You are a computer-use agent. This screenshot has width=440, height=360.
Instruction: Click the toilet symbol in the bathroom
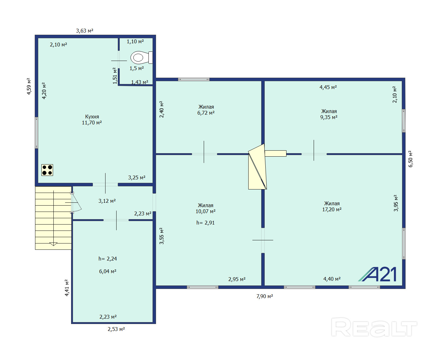click(142, 57)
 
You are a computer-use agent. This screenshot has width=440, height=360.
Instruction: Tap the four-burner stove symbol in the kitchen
click(47, 170)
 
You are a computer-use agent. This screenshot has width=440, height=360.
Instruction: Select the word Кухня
click(92, 117)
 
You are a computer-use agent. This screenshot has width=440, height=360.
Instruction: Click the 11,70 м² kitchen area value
click(92, 123)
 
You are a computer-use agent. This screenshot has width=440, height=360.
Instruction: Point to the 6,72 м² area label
click(206, 113)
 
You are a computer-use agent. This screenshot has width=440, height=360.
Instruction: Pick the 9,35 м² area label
click(329, 117)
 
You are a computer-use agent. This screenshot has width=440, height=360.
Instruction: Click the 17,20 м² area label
click(332, 209)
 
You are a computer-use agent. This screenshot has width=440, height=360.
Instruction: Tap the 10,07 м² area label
click(206, 211)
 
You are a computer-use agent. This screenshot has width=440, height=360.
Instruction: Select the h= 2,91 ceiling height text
click(206, 223)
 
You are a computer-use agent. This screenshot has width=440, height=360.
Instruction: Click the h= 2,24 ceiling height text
click(108, 259)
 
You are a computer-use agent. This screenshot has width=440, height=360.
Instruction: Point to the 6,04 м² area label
click(108, 271)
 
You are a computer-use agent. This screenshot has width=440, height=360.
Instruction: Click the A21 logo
click(377, 274)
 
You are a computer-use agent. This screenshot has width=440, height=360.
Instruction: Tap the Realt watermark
click(374, 327)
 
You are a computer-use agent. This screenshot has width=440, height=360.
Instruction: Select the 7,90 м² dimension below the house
click(265, 296)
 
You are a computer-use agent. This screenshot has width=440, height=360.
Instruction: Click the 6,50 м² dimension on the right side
click(410, 159)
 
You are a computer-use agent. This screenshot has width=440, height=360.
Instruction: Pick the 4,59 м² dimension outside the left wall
click(29, 86)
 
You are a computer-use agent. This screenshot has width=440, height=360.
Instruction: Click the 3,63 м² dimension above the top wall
click(85, 31)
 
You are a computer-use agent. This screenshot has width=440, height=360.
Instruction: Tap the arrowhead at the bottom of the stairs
click(53, 244)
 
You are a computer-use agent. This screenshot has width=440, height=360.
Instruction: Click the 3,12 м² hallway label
click(107, 201)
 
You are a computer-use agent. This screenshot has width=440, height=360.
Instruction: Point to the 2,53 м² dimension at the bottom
click(116, 329)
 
